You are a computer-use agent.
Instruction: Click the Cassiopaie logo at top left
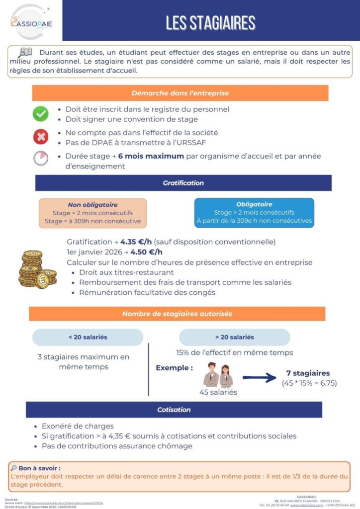31,21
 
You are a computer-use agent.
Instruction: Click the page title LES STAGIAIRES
210,22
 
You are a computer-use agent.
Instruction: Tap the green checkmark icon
40,114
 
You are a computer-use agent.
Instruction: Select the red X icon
40,136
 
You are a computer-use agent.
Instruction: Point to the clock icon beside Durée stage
40,158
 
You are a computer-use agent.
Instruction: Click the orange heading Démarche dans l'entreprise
180,93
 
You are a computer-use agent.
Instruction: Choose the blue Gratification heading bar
183,183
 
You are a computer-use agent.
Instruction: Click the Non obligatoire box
92,213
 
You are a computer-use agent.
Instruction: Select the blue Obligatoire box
254,213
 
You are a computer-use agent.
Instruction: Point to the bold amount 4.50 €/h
146,252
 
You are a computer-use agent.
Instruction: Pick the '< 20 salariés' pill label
88,337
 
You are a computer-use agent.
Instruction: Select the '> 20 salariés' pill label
234,337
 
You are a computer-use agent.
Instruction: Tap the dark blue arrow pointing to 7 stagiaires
259,378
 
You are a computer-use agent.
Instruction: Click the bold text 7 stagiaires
308,373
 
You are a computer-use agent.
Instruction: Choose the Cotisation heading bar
174,410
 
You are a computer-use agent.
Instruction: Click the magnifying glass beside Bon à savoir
13,468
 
